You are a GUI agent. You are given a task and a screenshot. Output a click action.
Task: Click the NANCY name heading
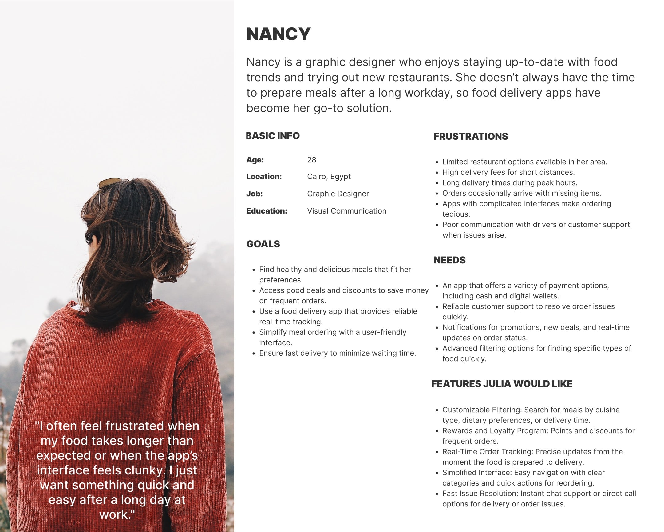click(279, 34)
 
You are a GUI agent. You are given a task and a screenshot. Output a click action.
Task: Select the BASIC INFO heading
click(273, 136)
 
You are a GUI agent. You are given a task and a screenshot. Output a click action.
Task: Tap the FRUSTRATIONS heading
click(471, 137)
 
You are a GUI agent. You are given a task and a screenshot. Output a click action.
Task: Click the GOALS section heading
click(263, 244)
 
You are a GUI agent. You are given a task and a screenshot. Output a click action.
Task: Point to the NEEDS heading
click(449, 260)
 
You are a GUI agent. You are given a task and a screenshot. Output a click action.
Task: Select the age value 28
click(311, 160)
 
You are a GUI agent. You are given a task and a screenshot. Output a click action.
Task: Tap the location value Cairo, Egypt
click(329, 177)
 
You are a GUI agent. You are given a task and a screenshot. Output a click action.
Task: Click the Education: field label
click(267, 211)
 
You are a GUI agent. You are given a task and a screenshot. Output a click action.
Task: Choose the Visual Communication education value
click(346, 211)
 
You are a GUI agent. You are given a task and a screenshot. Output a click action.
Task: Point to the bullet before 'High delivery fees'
click(437, 173)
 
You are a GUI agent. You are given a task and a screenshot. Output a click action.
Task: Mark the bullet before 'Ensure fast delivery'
click(254, 354)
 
